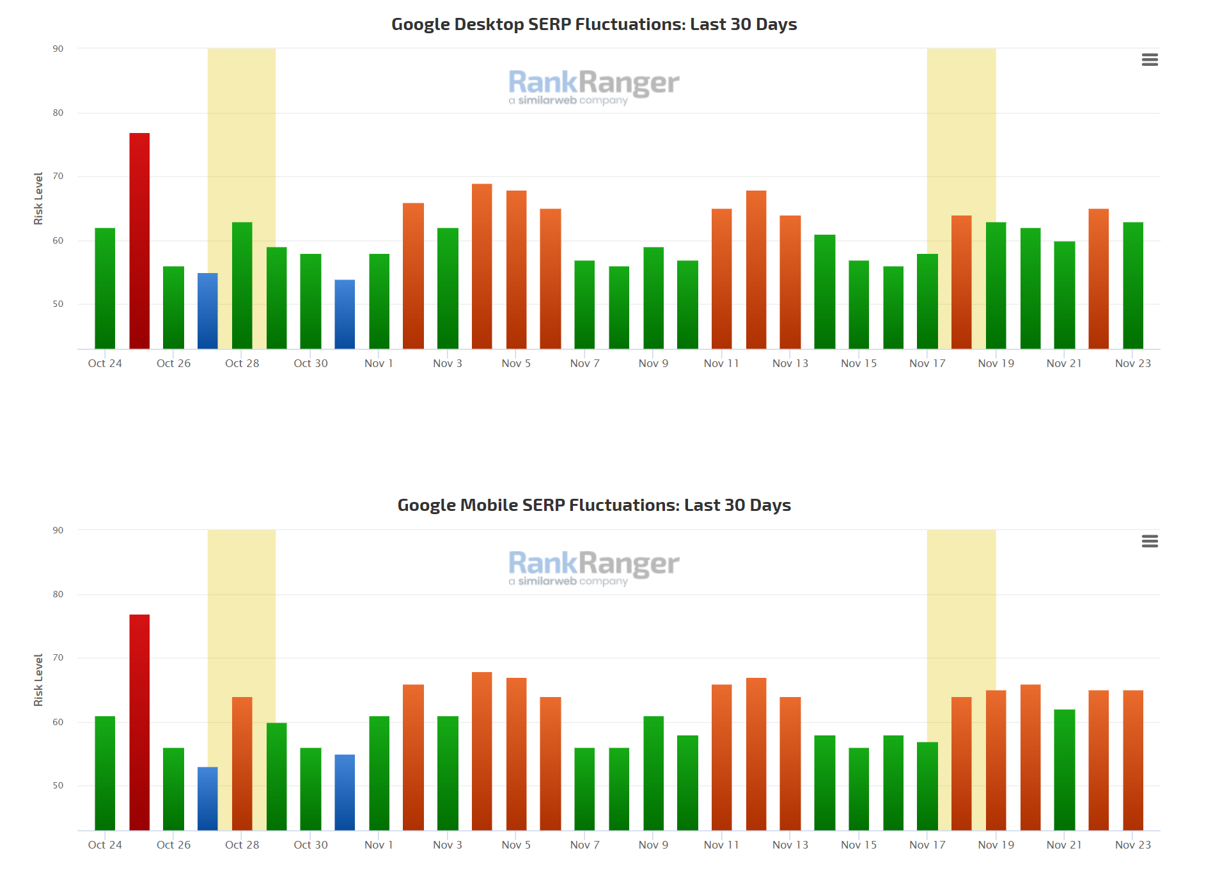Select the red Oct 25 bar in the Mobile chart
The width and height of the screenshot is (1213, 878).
pyautogui.click(x=139, y=723)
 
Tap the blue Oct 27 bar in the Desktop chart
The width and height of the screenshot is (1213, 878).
pyautogui.click(x=208, y=311)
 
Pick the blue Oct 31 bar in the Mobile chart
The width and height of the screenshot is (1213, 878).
pyautogui.click(x=345, y=793)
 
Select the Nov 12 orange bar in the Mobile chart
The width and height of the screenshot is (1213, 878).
pyautogui.click(x=756, y=755)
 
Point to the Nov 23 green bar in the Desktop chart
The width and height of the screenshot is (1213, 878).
pyautogui.click(x=1133, y=286)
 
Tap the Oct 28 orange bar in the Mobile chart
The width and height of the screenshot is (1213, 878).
pyautogui.click(x=242, y=764)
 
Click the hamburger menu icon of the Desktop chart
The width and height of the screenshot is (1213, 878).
pyautogui.click(x=1150, y=60)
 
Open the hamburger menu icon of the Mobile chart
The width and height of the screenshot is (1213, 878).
pyautogui.click(x=1150, y=542)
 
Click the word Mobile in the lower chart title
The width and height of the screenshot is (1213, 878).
pyautogui.click(x=489, y=505)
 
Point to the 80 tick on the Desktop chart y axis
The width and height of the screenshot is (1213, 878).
pyautogui.click(x=58, y=113)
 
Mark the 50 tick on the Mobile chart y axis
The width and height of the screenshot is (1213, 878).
pyautogui.click(x=58, y=785)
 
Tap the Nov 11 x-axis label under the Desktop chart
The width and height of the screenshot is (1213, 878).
pyautogui.click(x=721, y=363)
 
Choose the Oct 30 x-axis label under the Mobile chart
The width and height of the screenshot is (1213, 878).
pyautogui.click(x=311, y=845)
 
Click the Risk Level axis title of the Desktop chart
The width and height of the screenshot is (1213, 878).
pyautogui.click(x=38, y=198)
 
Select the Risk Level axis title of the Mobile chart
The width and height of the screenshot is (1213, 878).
pyautogui.click(x=38, y=680)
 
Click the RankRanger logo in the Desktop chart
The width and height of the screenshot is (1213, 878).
pyautogui.click(x=593, y=86)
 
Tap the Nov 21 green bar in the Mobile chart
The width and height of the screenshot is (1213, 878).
pyautogui.click(x=1065, y=771)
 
